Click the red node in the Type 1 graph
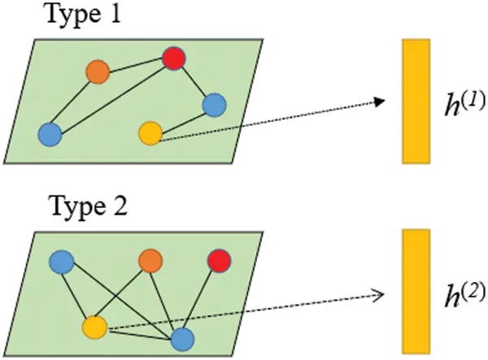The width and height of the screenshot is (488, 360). coord(173,59)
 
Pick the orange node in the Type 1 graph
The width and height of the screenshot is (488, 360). coord(98,72)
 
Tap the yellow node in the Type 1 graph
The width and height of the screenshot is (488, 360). coord(150,132)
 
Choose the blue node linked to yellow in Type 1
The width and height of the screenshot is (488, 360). coord(214,104)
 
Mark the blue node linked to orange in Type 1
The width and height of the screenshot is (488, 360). coord(50,133)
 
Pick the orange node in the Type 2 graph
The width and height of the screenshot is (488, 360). coord(150,261)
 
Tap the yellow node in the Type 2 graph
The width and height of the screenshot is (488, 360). coord(95,327)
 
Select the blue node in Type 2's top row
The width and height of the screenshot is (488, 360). coord(62,262)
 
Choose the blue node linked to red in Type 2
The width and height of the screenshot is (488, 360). coord(182,338)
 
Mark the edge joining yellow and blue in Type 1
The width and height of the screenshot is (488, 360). coord(182,118)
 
